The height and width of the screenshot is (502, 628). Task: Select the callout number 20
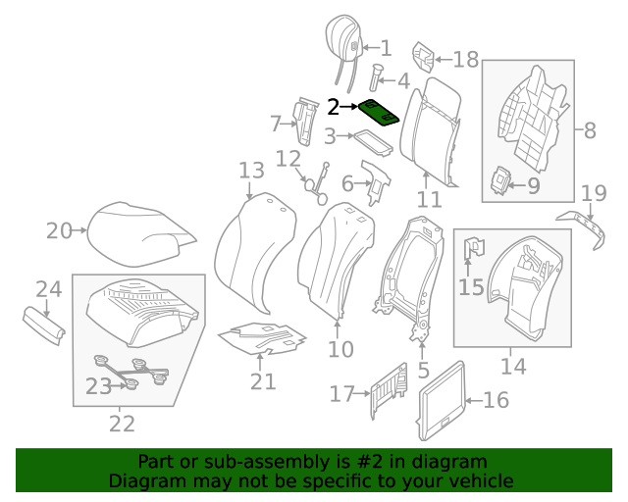click(x=59, y=231)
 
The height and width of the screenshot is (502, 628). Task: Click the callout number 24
click(x=49, y=288)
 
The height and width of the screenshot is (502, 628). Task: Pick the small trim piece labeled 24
click(x=44, y=325)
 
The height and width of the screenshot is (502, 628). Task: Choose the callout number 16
click(x=497, y=399)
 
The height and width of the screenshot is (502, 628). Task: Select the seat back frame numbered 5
click(x=412, y=279)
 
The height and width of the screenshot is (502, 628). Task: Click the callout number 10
click(x=340, y=349)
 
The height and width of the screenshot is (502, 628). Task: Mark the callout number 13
click(x=251, y=171)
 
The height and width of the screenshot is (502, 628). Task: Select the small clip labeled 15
click(x=472, y=251)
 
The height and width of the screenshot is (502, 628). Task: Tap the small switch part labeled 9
click(x=501, y=179)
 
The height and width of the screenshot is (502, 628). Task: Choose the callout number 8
click(x=590, y=128)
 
